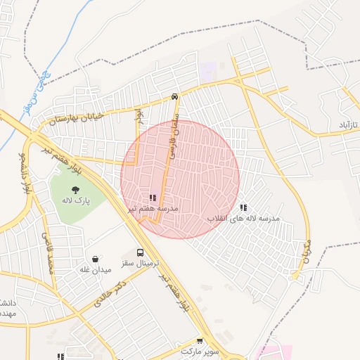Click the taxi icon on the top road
click(x=174, y=97)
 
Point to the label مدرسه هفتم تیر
click(x=153, y=209)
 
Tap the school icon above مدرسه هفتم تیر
click(x=153, y=198)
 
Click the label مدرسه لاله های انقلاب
click(x=243, y=219)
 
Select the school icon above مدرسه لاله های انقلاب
click(x=243, y=208)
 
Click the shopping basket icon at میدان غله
click(x=95, y=259)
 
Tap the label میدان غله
click(x=95, y=269)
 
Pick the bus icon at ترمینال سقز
click(x=140, y=252)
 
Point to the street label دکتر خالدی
click(x=112, y=295)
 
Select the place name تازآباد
click(x=346, y=124)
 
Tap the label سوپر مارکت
click(x=200, y=349)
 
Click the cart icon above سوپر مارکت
click(x=200, y=339)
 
